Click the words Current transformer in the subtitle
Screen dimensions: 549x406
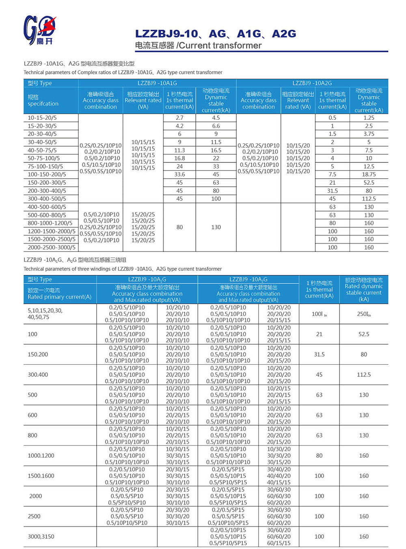pos(220,45)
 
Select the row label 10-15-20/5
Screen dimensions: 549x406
pos(42,118)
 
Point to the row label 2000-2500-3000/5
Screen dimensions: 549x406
pos(52,247)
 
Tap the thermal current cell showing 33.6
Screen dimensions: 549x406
pos(179,175)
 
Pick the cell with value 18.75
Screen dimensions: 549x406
pos(369,175)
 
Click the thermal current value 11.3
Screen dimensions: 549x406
pos(179,150)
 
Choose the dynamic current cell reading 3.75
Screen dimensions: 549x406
pos(369,134)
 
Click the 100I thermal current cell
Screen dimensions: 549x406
pos(319,314)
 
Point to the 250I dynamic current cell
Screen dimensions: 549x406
pos(364,314)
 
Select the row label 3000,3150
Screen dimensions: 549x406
pos(41,536)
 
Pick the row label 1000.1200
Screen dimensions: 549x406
pos(41,456)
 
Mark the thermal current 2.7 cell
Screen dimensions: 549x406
pos(179,118)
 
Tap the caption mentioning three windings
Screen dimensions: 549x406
pos(123,269)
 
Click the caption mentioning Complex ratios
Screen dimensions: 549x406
pos(123,72)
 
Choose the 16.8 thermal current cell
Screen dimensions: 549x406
pos(179,158)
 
